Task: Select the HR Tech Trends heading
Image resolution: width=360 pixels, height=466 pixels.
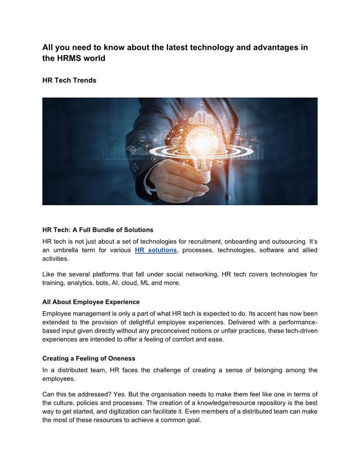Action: coord(69,80)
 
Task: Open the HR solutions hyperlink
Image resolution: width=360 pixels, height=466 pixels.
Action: coord(156,250)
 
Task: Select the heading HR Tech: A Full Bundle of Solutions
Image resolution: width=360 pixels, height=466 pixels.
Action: coord(98,230)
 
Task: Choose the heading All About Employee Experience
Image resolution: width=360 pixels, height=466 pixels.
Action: coord(91,302)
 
